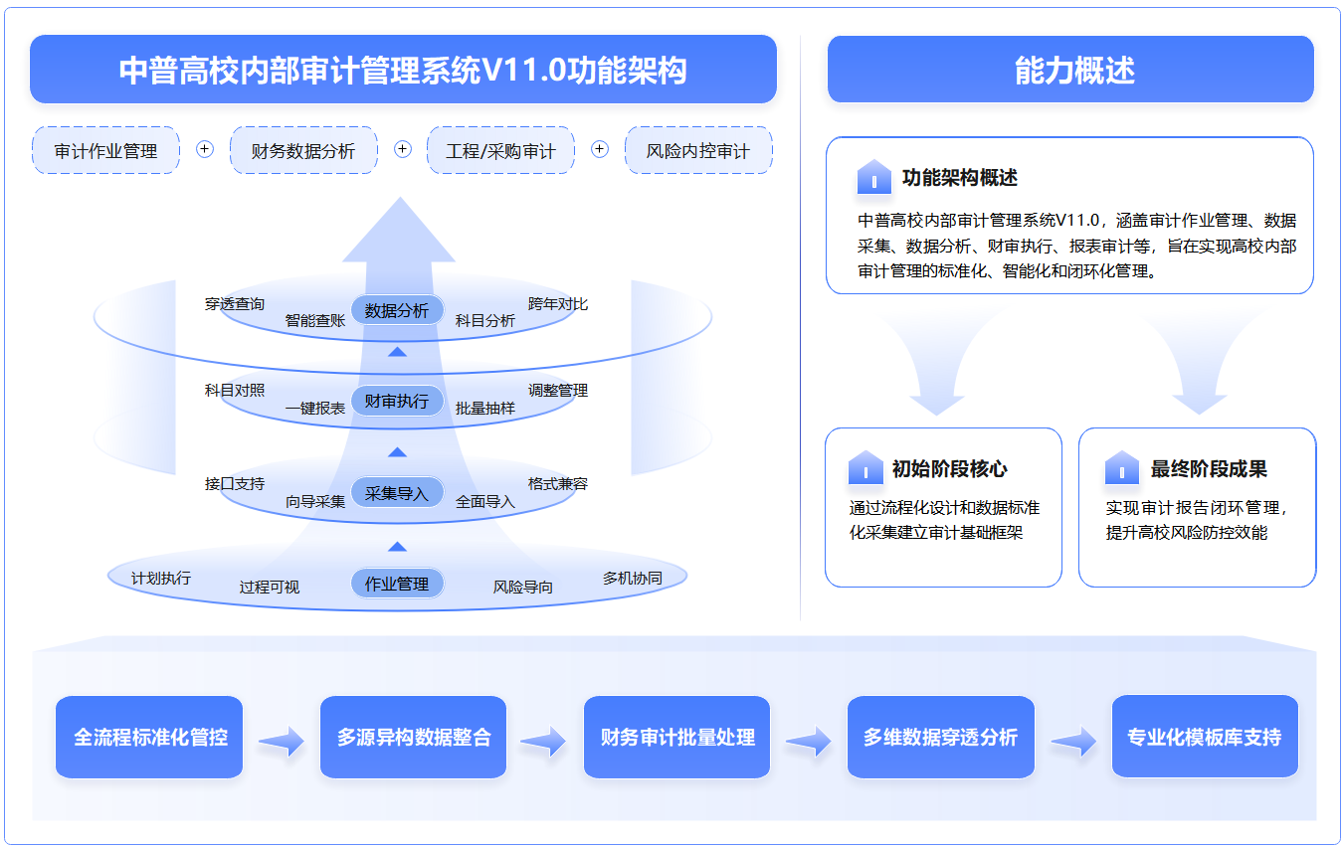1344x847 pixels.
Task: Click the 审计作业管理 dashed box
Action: tap(105, 151)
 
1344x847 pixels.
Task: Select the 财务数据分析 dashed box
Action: tap(303, 151)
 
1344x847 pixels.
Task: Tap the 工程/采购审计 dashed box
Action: tap(500, 151)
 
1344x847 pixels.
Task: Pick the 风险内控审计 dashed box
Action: tap(698, 151)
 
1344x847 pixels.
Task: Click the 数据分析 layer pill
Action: tap(397, 310)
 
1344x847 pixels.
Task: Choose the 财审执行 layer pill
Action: tap(397, 401)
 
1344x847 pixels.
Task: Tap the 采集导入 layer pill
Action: tap(397, 492)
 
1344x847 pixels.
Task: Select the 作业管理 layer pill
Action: tap(397, 584)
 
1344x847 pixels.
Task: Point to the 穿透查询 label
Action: tap(235, 304)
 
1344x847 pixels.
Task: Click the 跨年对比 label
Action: tap(558, 304)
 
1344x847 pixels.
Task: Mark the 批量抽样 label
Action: tap(485, 408)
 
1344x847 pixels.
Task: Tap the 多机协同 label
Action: tap(632, 578)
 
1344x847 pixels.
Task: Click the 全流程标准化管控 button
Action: tap(149, 737)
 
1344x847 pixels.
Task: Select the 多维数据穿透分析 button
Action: tap(940, 737)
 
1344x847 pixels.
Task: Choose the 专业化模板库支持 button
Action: tap(1204, 737)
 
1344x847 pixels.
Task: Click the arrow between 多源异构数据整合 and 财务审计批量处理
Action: tap(543, 740)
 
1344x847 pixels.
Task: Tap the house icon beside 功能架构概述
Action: tap(873, 178)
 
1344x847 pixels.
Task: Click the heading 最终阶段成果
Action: tap(1209, 469)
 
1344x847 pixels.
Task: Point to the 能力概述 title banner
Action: tap(1070, 70)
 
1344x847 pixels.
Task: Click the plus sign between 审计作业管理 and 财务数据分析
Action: tap(205, 149)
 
